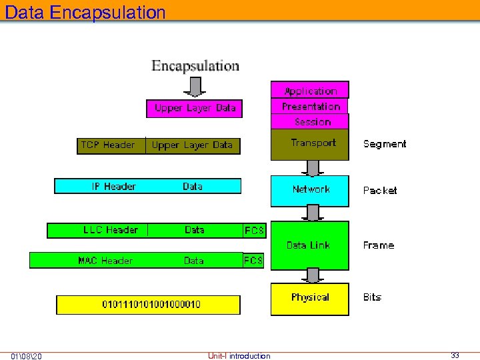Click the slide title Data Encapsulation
(85, 12)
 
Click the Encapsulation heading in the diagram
(195, 66)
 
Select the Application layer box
(310, 91)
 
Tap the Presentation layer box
(310, 107)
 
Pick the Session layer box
(310, 122)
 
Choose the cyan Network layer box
(310, 191)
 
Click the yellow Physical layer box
(309, 299)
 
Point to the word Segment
(384, 144)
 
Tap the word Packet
(379, 191)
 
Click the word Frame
(378, 245)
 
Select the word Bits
(372, 297)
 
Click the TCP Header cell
(108, 145)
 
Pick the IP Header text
(114, 187)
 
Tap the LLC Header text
(111, 230)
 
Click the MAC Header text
(105, 261)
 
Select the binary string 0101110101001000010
(151, 305)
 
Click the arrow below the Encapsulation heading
(195, 86)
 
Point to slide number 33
(455, 355)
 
